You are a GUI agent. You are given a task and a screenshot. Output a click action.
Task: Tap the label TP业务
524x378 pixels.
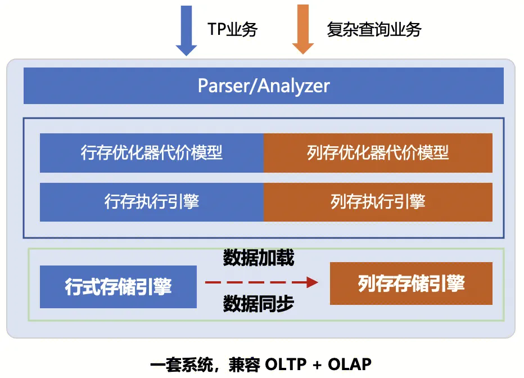coord(232,29)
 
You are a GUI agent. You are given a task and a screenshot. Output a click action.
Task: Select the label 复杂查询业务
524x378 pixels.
coord(374,29)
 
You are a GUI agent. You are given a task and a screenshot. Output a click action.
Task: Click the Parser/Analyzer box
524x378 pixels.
coord(263,86)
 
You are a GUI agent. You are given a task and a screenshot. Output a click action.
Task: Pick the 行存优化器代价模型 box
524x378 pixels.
coord(152,153)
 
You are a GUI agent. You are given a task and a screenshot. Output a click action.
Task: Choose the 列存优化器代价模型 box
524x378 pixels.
coord(378,153)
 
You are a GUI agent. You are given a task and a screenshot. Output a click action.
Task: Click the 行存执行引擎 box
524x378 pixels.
coord(152,202)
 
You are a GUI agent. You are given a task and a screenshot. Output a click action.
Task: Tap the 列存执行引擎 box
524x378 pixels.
coord(378,202)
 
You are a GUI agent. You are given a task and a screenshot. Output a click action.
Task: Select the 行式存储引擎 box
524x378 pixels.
coord(118,287)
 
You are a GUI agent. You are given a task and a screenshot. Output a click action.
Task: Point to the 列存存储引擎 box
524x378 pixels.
coord(411,283)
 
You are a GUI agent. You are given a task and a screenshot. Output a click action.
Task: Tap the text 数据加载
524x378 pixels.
coord(259,258)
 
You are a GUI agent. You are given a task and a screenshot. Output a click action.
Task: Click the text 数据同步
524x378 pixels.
coord(259,304)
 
